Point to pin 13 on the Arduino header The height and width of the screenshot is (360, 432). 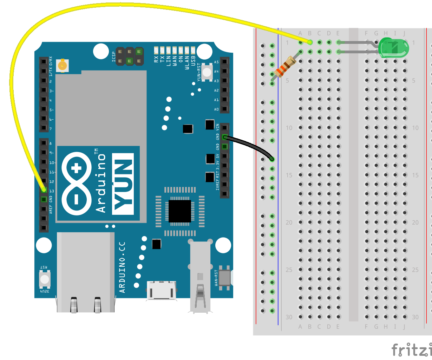(x=44, y=190)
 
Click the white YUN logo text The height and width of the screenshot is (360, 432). (x=123, y=184)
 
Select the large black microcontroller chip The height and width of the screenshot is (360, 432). (x=180, y=211)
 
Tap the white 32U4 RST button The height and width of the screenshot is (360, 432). (x=45, y=279)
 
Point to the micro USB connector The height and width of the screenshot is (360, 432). (x=162, y=290)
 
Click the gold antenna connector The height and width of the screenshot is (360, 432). (x=63, y=65)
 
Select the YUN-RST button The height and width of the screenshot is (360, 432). (x=207, y=72)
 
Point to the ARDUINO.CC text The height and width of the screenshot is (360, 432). (x=122, y=267)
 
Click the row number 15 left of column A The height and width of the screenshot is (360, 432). (x=289, y=175)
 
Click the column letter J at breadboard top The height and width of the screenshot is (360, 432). (x=404, y=33)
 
